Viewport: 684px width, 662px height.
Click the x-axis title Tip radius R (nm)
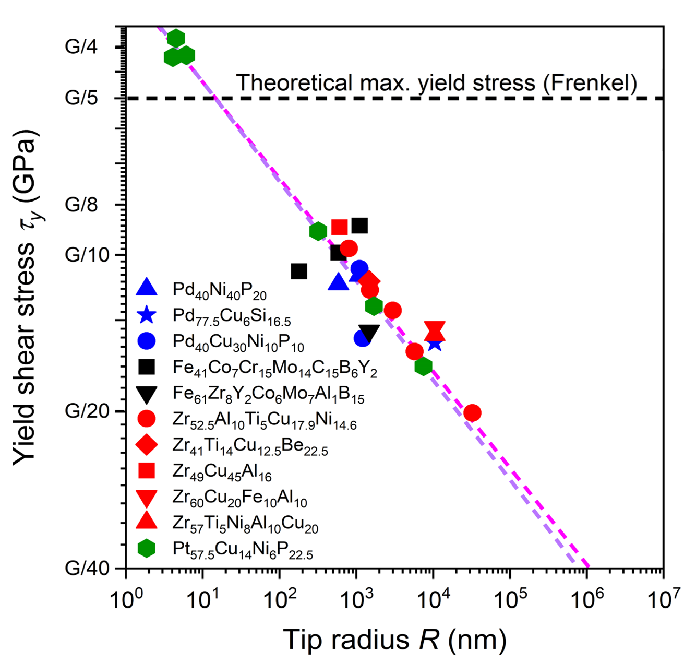click(394, 640)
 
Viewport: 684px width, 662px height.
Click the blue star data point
click(434, 344)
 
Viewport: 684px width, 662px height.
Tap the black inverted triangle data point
click(369, 333)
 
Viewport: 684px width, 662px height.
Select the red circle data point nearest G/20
click(472, 413)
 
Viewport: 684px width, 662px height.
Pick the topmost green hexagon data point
click(176, 38)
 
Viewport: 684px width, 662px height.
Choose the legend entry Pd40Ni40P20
click(219, 290)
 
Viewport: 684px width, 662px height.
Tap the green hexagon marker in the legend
click(147, 548)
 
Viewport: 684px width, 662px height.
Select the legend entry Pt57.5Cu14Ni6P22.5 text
click(243, 550)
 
